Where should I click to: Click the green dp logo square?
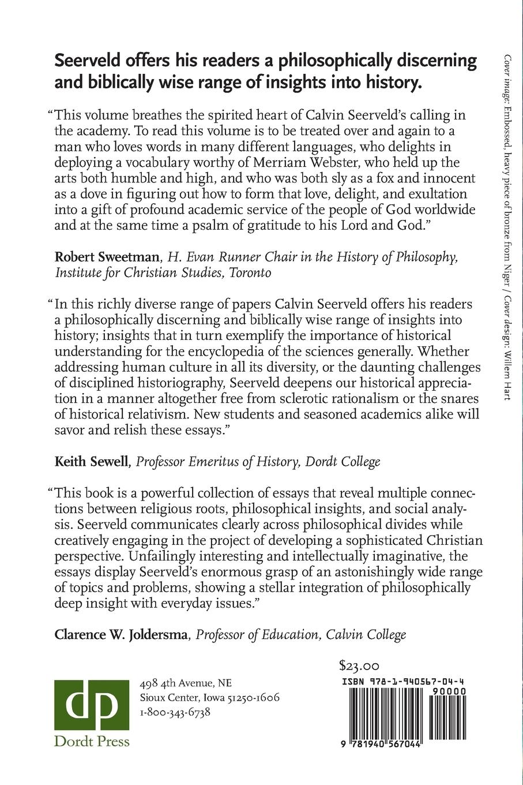[92, 704]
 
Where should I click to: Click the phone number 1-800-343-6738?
[175, 712]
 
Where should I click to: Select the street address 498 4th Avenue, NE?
[186, 683]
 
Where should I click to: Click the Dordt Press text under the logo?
[92, 741]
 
